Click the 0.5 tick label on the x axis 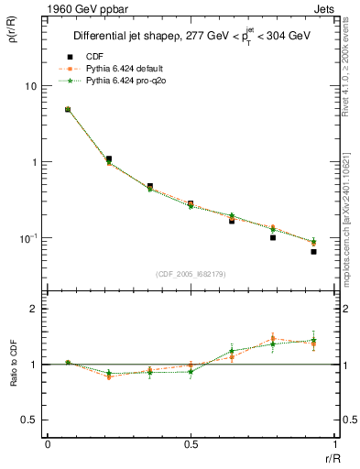[191, 444]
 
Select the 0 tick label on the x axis [48, 444]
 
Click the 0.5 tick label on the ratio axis [30, 420]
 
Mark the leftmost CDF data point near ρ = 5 [68, 110]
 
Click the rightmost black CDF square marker [313, 251]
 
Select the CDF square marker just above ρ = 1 [108, 159]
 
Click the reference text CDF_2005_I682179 [190, 274]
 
